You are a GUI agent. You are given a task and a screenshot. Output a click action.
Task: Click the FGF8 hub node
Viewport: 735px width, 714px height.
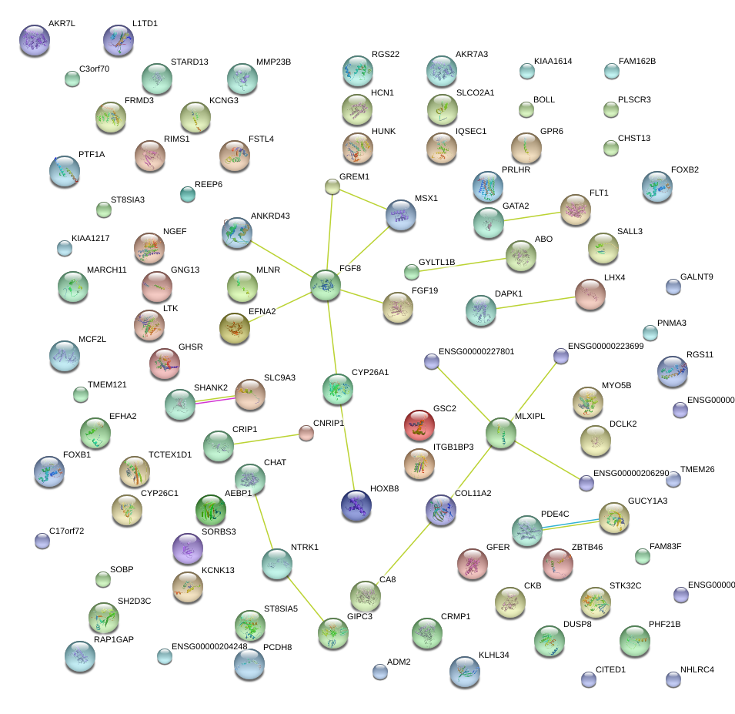tap(326, 286)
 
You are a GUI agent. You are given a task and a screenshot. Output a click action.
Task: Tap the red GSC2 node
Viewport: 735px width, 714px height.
tap(419, 424)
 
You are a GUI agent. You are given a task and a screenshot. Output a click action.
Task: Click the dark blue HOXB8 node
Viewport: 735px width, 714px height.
tap(356, 504)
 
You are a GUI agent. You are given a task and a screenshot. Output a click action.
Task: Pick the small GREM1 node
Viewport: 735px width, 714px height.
tap(332, 186)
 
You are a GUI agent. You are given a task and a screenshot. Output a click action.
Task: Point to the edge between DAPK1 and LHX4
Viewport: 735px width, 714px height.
tap(536, 301)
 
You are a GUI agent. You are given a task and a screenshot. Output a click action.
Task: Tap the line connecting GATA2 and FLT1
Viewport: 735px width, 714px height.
tap(531, 216)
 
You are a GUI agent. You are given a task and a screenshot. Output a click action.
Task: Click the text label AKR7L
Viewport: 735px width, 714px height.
tap(62, 24)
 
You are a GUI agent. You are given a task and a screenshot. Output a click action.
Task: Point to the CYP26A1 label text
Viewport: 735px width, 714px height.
tap(369, 373)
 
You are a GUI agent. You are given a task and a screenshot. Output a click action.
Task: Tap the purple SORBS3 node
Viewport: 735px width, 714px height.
tap(188, 548)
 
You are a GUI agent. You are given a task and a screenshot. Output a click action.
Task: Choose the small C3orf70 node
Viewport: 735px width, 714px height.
tap(72, 78)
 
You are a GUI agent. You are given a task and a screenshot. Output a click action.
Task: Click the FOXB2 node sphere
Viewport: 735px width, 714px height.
tap(656, 186)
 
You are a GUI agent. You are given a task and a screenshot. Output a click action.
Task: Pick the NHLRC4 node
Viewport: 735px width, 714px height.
tap(673, 679)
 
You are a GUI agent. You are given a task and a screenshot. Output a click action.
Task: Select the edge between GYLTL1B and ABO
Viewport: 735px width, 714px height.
tap(459, 263)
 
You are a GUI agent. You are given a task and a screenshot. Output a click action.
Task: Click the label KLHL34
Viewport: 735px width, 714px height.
tap(493, 655)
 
